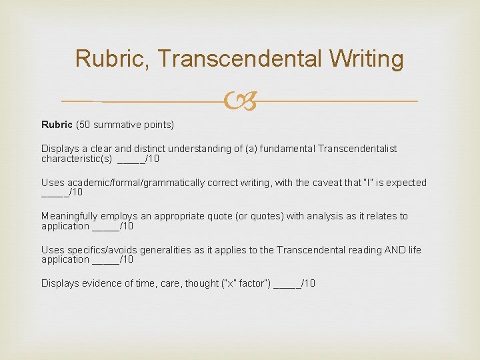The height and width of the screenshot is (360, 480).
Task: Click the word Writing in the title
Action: coord(366,59)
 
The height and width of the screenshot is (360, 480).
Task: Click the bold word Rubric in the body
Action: coord(57,125)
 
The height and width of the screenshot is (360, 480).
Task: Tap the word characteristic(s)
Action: coord(77,159)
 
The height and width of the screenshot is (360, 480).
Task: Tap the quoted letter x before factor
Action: coord(229,283)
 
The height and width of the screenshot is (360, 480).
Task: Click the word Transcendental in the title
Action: coord(240,59)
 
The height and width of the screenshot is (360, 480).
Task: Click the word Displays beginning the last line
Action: coord(60,283)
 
